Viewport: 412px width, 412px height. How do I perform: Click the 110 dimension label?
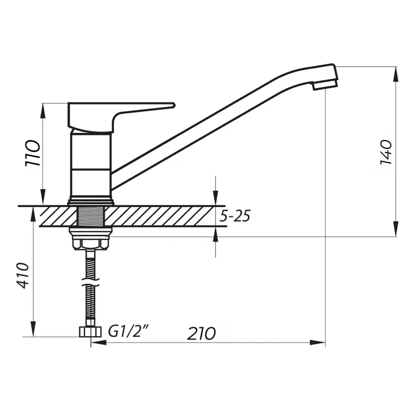click(33, 153)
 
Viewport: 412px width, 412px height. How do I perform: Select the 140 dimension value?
click(385, 152)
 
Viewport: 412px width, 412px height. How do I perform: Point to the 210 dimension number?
click(201, 333)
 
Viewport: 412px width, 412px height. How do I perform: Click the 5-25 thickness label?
click(234, 216)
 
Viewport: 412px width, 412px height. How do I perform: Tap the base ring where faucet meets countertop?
click(90, 201)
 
